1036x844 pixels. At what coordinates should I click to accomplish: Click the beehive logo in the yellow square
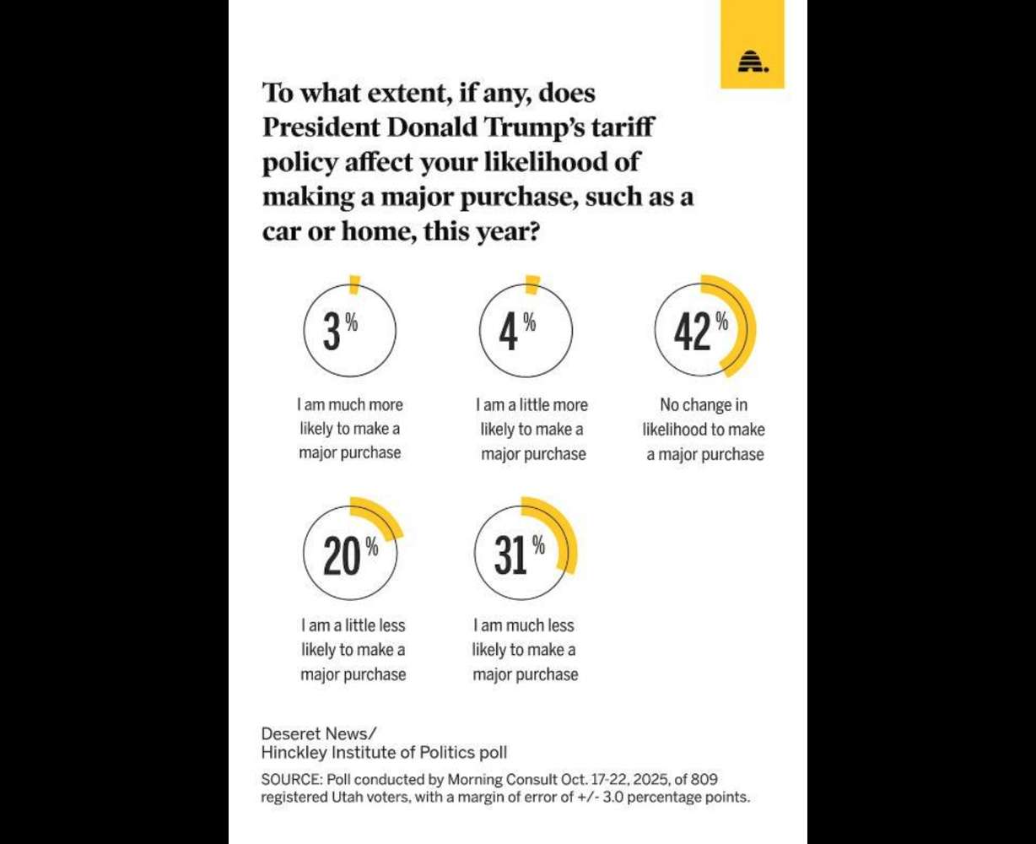[752, 62]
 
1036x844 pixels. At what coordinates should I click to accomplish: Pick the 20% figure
[343, 557]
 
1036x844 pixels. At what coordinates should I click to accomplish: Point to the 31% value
[511, 556]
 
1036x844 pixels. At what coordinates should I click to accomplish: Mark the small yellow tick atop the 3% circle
[354, 285]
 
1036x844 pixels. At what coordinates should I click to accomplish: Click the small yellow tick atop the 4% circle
[531, 285]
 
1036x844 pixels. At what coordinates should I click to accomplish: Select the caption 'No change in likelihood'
[704, 417]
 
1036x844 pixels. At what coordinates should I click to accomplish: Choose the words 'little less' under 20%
[370, 625]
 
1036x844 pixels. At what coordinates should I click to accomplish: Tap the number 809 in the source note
[704, 778]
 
